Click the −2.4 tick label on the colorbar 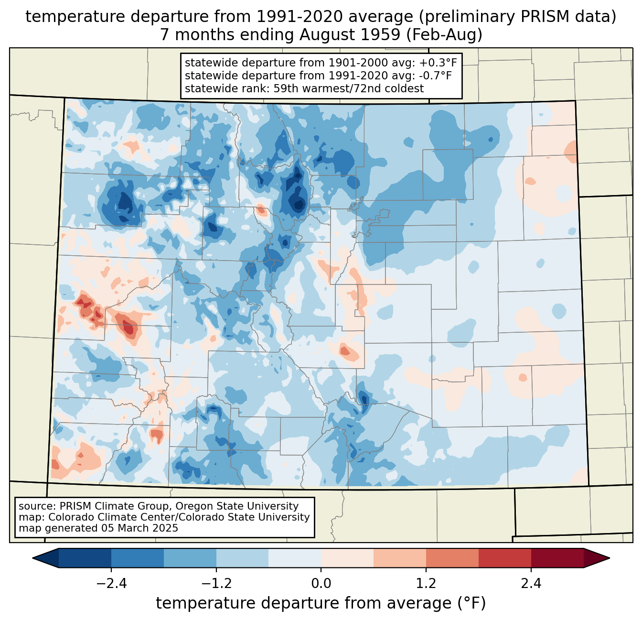[x=111, y=584]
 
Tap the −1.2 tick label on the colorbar [x=216, y=584]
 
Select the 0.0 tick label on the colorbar [x=321, y=584]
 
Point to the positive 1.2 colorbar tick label [x=426, y=584]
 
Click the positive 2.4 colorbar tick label [x=531, y=584]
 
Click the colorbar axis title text [x=321, y=603]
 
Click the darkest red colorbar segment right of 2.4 [x=557, y=558]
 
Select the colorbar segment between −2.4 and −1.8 [x=138, y=558]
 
